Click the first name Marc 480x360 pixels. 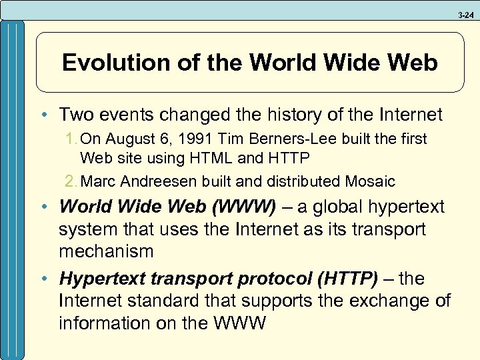[97, 181]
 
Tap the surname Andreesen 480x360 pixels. [153, 181]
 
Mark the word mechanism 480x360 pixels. [106, 251]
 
